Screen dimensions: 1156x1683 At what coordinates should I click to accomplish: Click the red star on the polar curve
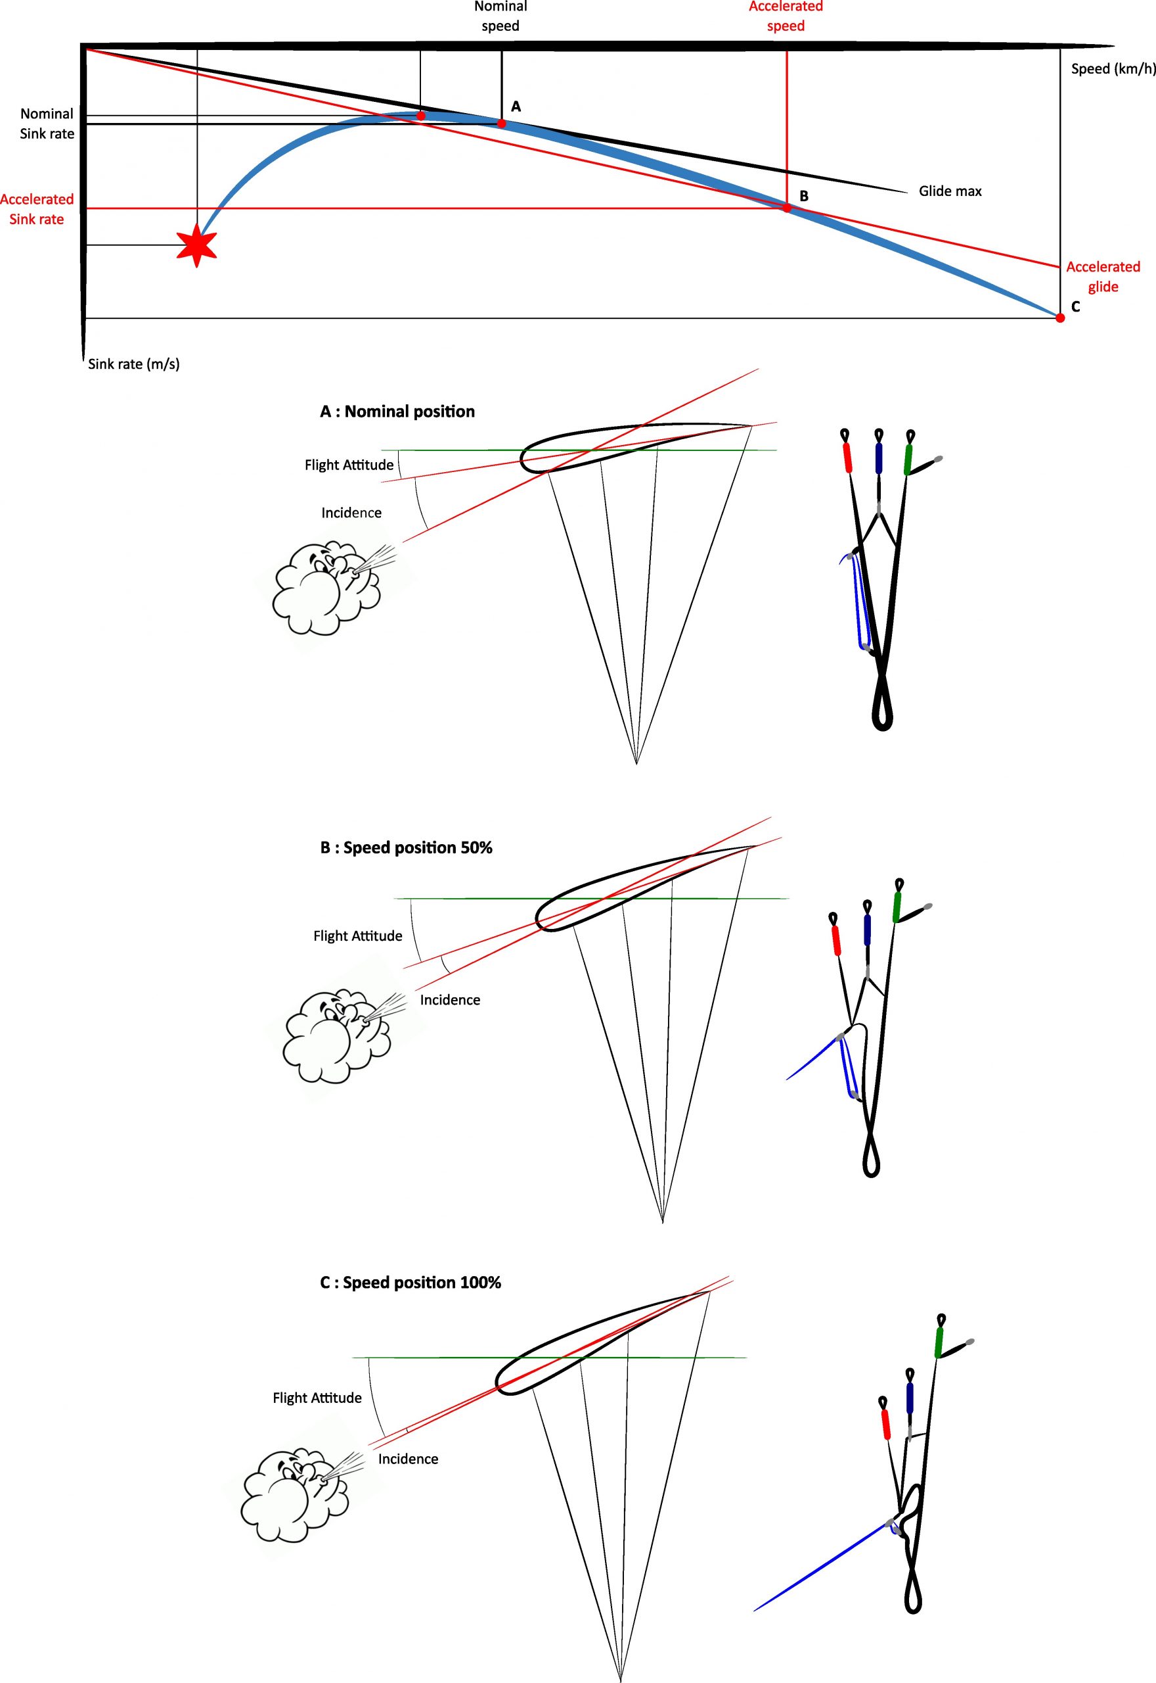click(197, 246)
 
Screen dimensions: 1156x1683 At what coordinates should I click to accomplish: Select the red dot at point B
click(787, 208)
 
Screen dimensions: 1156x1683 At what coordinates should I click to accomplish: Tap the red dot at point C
click(1059, 318)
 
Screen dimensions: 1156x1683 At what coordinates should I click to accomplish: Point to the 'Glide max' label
click(950, 191)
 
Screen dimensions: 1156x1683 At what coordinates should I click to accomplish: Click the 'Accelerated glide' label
click(1102, 277)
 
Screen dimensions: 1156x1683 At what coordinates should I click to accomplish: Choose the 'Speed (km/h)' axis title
click(1113, 69)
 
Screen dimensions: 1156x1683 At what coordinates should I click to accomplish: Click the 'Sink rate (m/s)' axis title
click(134, 364)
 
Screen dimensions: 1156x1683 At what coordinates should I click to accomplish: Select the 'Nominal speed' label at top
click(500, 16)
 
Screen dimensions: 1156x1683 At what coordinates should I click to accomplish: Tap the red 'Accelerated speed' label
click(786, 16)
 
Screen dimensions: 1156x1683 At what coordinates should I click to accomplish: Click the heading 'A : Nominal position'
click(397, 412)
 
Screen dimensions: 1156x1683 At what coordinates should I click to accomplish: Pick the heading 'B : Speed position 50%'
click(407, 848)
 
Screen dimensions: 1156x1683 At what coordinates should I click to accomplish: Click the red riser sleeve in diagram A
click(848, 458)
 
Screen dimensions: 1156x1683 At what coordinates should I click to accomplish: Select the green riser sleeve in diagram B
click(897, 907)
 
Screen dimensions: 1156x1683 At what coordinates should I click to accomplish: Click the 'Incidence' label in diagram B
click(450, 1000)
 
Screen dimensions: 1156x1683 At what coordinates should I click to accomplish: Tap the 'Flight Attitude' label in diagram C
click(317, 1398)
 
